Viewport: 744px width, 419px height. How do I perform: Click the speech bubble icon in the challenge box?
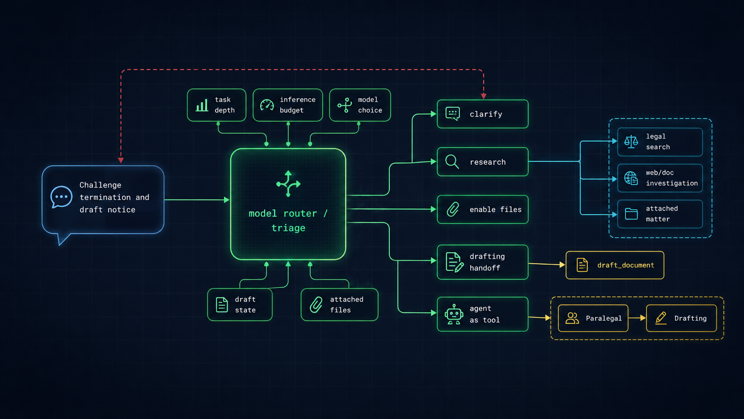(x=61, y=197)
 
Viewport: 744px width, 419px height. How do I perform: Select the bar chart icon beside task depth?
(x=202, y=106)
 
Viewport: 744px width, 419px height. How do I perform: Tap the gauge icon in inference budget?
(x=267, y=105)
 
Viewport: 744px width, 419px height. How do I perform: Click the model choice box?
(x=360, y=105)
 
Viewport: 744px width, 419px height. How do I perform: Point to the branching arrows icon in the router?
(x=288, y=183)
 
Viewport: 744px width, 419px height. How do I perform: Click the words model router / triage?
(x=288, y=220)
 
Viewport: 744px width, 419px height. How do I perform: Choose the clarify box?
(x=482, y=114)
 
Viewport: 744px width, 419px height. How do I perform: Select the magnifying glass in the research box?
(x=452, y=162)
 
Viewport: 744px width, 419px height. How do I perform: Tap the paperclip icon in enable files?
(x=453, y=209)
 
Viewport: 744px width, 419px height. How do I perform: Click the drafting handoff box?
(x=482, y=262)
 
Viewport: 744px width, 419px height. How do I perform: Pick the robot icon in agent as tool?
(x=454, y=314)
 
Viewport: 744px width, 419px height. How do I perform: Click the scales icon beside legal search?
(x=631, y=142)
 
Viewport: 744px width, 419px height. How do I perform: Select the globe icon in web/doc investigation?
(x=631, y=178)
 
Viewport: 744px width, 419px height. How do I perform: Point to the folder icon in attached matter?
(x=631, y=214)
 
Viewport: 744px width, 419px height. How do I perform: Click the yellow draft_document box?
(x=615, y=265)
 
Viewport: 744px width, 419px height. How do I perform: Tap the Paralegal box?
(x=593, y=318)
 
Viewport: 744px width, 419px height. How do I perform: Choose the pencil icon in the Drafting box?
(x=661, y=318)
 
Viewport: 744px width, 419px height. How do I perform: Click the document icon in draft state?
(x=222, y=305)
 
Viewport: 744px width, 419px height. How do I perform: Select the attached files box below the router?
(x=339, y=305)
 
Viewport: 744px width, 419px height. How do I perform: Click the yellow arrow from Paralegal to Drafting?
(x=637, y=318)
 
